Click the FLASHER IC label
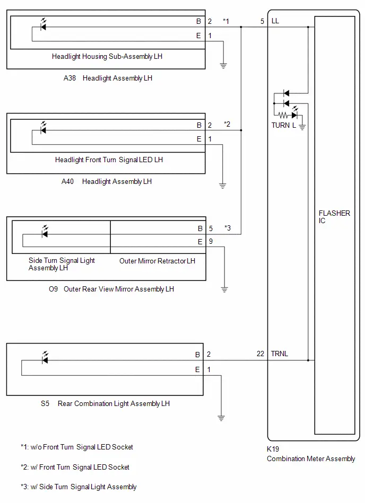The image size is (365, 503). [x=334, y=217]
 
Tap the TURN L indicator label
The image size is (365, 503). [x=283, y=125]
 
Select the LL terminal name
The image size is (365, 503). [x=275, y=21]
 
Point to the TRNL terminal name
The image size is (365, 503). [x=279, y=354]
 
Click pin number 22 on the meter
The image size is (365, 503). [x=260, y=354]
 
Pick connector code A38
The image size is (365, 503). [x=69, y=78]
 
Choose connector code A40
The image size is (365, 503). [x=67, y=181]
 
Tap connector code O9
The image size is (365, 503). [x=53, y=289]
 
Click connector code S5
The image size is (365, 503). [x=45, y=403]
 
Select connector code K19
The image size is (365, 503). [x=273, y=449]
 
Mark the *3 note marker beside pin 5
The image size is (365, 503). [x=227, y=228]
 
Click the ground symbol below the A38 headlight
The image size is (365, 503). [x=223, y=65]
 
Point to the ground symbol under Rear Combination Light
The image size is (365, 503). [x=221, y=418]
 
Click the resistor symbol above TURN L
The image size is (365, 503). [x=283, y=115]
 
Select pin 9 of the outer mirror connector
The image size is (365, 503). [x=211, y=241]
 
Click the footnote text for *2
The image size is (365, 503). [x=75, y=467]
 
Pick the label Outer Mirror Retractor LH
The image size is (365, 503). [x=157, y=261]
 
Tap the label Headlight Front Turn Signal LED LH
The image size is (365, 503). [x=109, y=160]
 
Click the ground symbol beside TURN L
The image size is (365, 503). [x=302, y=127]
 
